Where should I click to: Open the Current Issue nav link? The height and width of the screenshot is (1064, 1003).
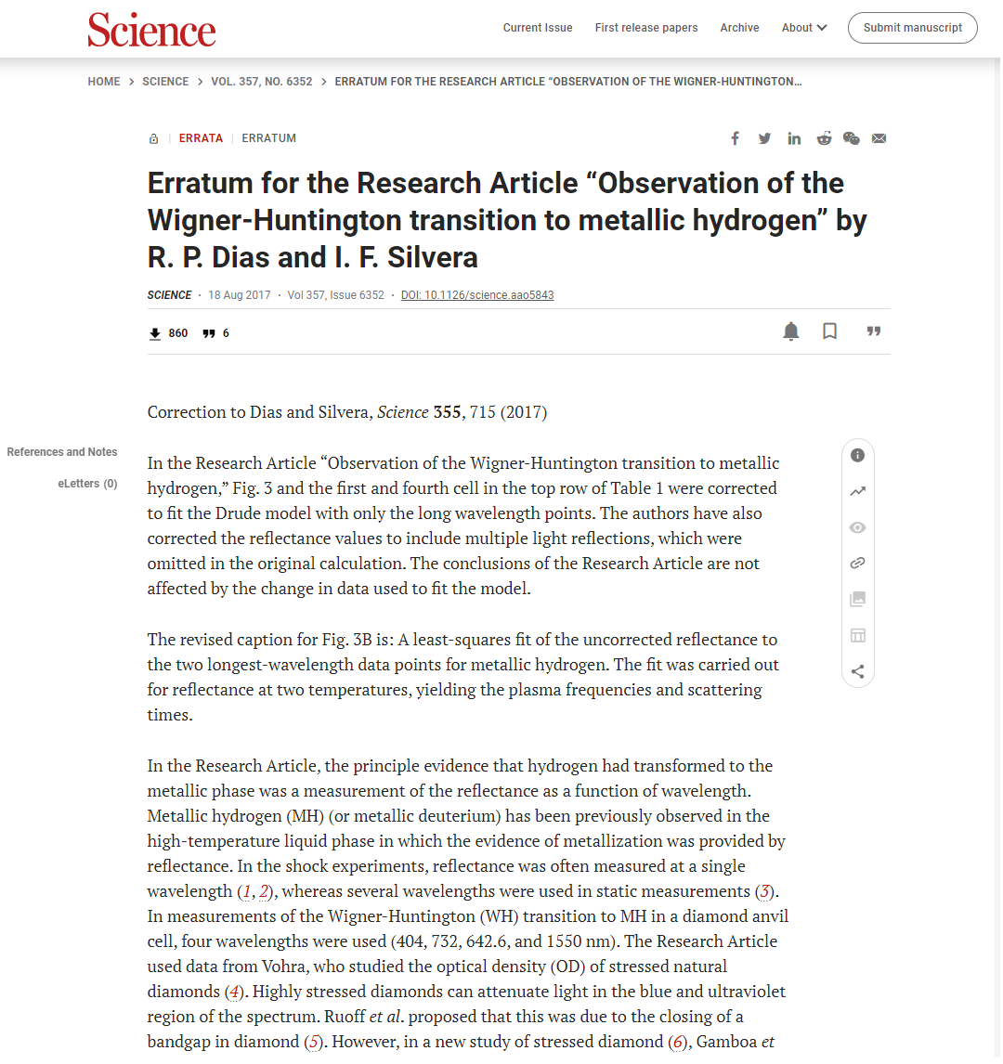click(x=538, y=28)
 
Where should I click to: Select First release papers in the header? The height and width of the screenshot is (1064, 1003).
click(x=646, y=28)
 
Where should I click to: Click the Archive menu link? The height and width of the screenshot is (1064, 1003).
click(x=739, y=28)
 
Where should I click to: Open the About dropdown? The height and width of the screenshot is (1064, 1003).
click(x=803, y=28)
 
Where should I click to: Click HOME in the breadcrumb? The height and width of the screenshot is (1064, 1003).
click(x=104, y=82)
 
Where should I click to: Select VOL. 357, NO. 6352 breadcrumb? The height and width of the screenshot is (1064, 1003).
click(x=262, y=82)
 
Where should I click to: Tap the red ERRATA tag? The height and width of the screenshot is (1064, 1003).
click(x=201, y=138)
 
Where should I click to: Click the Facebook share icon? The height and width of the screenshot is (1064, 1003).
click(x=735, y=138)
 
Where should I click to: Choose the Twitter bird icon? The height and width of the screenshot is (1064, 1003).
click(x=764, y=138)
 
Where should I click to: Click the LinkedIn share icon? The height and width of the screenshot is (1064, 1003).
click(x=794, y=138)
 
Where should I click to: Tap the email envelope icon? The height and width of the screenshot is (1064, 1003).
click(x=879, y=138)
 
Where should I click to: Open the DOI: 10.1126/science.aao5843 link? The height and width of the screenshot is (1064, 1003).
click(x=477, y=295)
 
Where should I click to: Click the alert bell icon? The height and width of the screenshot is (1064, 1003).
click(x=791, y=331)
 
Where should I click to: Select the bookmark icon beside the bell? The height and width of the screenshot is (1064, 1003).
click(x=829, y=331)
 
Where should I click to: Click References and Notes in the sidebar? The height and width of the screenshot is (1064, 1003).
click(x=62, y=452)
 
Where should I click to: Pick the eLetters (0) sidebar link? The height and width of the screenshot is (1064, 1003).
click(x=87, y=484)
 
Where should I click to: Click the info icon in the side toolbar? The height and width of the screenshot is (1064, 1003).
click(x=857, y=455)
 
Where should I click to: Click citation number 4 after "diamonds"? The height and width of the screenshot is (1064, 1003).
click(x=235, y=992)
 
